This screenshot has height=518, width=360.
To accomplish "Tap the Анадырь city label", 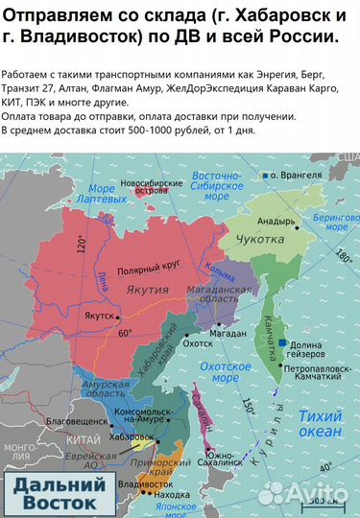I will point(274,221).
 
